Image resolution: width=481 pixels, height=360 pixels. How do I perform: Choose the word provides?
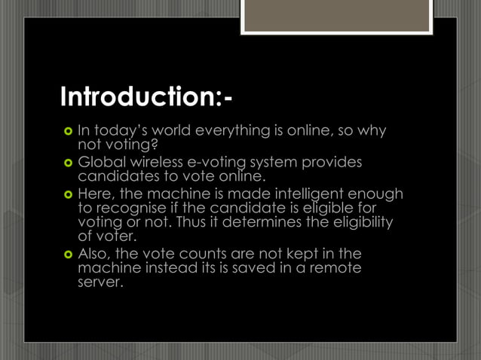[x=331, y=163]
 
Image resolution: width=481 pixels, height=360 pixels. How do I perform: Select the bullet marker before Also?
[x=67, y=255]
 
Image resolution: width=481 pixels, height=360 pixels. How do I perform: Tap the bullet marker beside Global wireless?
[x=67, y=163]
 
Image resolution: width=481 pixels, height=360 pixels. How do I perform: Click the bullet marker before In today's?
[x=67, y=133]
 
